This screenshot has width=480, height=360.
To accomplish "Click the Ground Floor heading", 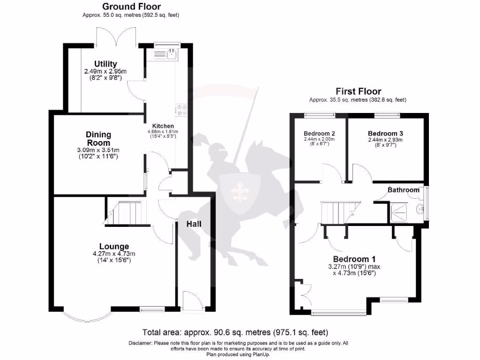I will pos(131,7).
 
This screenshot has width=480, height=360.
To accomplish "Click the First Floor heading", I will pos(358,91).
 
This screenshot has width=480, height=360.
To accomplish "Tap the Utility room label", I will pos(105,64).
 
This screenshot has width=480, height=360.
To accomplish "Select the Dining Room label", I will pos(98,139).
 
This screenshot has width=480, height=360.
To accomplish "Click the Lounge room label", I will pos(114,247).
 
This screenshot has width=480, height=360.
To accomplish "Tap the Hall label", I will pos(194,224).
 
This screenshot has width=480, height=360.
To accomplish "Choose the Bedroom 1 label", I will pos(354,259).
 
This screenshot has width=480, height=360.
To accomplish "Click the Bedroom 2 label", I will pos(319,133).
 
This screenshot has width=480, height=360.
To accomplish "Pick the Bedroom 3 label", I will pos(385,133).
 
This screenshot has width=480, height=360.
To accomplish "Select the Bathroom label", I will pos(403,190).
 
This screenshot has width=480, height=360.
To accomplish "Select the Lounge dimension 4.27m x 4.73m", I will pos(114,254).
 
